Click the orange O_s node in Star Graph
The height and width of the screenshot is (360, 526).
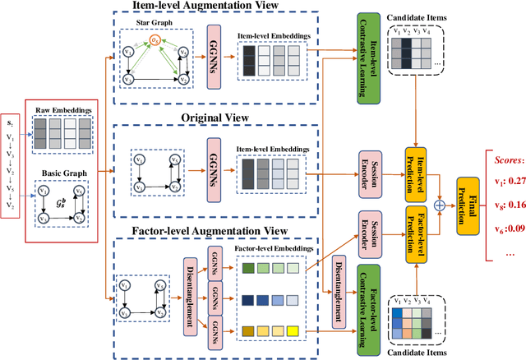point(153,38)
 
